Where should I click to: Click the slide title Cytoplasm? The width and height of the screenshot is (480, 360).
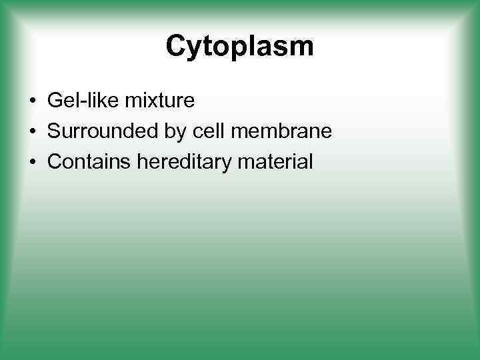(239, 47)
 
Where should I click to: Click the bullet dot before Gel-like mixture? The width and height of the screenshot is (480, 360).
(32, 102)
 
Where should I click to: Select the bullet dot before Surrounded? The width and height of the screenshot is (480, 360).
(32, 132)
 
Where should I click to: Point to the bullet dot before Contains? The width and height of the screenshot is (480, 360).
(32, 162)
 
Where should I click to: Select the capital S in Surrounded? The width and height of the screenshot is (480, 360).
(55, 131)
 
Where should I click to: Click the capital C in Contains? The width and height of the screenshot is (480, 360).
(55, 161)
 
